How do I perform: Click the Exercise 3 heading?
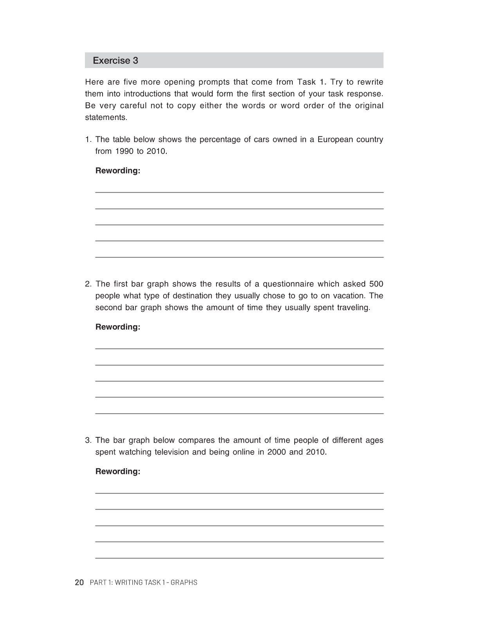click(x=115, y=61)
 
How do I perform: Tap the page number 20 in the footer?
click(x=79, y=582)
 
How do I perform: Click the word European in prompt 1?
click(x=334, y=140)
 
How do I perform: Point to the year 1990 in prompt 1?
click(x=124, y=151)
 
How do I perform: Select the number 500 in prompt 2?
click(x=376, y=284)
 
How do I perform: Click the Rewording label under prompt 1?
click(x=118, y=171)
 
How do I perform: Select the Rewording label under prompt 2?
click(x=118, y=327)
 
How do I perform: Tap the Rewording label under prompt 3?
click(x=118, y=472)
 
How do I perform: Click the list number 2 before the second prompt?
click(x=88, y=284)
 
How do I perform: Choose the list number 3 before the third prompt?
click(x=88, y=440)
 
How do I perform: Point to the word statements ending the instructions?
click(x=106, y=117)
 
